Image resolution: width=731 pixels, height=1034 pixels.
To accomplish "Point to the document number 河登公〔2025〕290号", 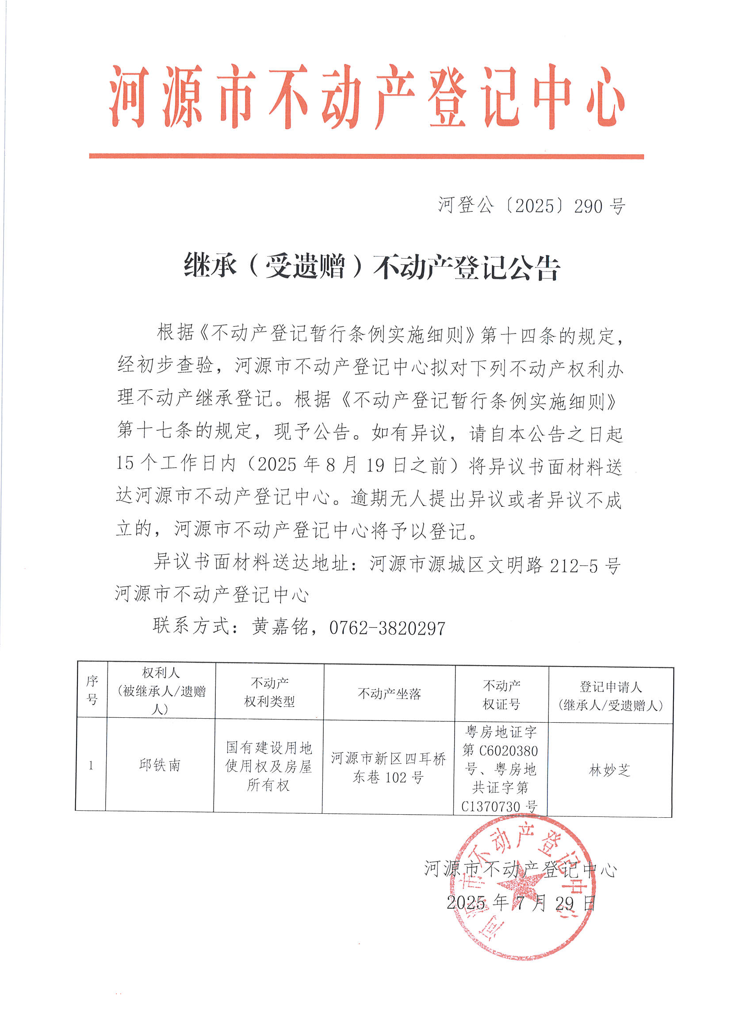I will pos(532,206).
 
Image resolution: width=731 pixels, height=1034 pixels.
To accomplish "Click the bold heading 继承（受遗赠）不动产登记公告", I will pos(371,267).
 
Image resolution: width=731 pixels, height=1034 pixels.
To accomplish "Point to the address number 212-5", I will pos(574,566).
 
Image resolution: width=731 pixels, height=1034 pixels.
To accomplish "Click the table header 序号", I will pos(92,690).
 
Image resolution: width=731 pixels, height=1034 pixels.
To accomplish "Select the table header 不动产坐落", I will pos(389,693).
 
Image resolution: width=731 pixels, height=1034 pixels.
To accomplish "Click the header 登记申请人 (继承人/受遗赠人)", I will pos(610,696).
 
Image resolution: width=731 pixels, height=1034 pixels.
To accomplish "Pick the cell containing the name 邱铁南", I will pos(160,765).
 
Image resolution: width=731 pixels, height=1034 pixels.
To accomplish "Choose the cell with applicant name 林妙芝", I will pos(609,770).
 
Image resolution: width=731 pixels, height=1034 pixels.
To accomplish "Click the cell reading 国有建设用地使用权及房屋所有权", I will pos(268,766).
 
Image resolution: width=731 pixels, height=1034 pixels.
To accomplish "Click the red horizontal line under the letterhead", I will pos(366,156).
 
